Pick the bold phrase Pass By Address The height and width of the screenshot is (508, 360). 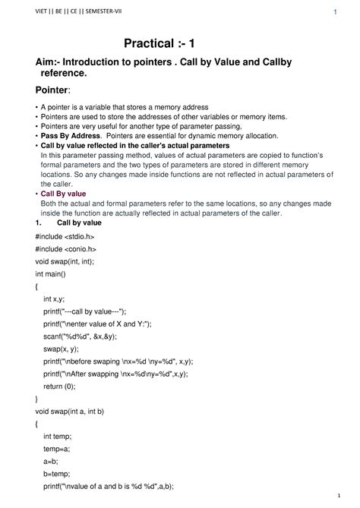pyautogui.click(x=66, y=134)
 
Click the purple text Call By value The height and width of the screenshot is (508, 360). pyautogui.click(x=63, y=194)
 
